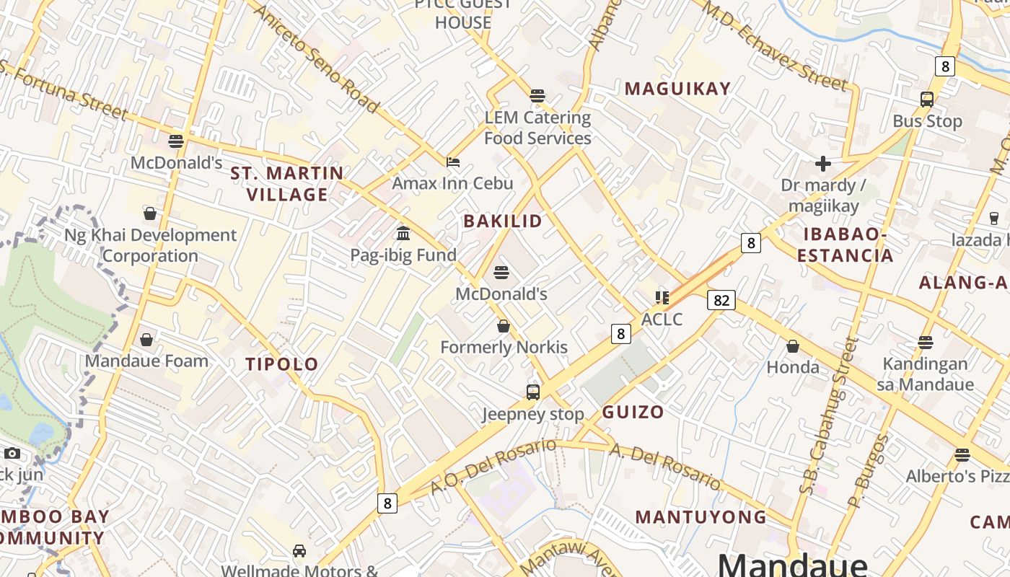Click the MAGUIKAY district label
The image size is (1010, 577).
(x=677, y=89)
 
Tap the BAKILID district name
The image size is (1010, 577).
(x=503, y=221)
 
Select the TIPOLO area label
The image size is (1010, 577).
(x=282, y=364)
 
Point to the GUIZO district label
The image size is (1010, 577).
(x=633, y=413)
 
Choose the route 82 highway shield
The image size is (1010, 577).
(x=721, y=300)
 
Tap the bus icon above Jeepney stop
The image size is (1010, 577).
(x=533, y=392)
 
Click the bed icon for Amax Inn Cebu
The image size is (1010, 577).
(x=453, y=162)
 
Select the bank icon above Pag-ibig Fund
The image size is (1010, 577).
(x=403, y=234)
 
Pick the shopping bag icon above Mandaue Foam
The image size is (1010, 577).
(x=146, y=340)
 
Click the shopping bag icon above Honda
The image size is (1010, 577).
(x=793, y=347)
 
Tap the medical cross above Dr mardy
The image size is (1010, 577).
(x=823, y=164)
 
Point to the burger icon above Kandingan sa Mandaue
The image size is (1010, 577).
(x=926, y=343)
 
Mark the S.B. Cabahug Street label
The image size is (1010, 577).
(x=830, y=416)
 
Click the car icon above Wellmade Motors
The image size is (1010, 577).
(x=299, y=551)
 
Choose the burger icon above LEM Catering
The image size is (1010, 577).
(x=537, y=95)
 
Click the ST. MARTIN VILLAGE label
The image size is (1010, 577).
(x=287, y=184)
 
